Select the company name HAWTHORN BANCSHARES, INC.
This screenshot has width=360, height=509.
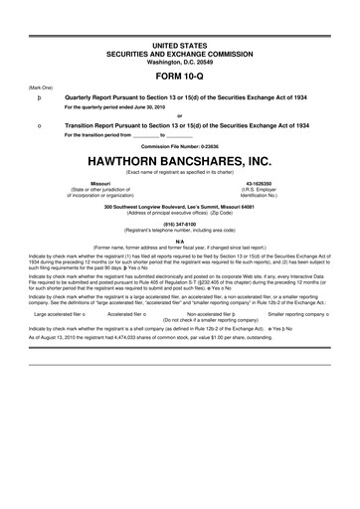coord(180,160)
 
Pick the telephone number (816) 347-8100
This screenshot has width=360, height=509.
coord(180,225)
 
